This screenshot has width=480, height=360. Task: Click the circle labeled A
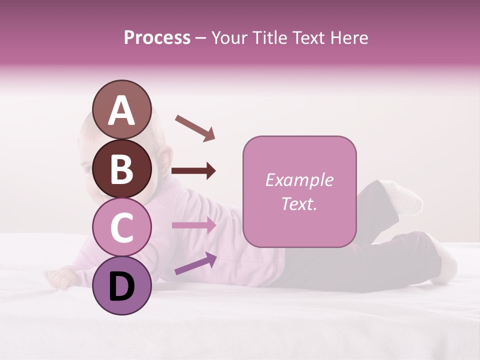pyautogui.click(x=122, y=110)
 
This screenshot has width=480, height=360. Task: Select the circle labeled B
pyautogui.click(x=122, y=169)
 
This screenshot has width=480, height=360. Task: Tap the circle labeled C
pyautogui.click(x=122, y=227)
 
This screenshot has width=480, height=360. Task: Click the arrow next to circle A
pyautogui.click(x=195, y=127)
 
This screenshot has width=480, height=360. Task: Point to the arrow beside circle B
pyautogui.click(x=193, y=171)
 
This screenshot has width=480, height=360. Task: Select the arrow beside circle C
pyautogui.click(x=194, y=225)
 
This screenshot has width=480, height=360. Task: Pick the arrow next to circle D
pyautogui.click(x=195, y=264)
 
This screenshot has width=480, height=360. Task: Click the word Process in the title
pyautogui.click(x=157, y=38)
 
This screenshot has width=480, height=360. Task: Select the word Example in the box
pyautogui.click(x=299, y=180)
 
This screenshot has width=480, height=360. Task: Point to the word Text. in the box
pyautogui.click(x=299, y=203)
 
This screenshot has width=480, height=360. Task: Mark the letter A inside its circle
pyautogui.click(x=122, y=111)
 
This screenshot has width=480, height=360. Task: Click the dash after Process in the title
pyautogui.click(x=201, y=38)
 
